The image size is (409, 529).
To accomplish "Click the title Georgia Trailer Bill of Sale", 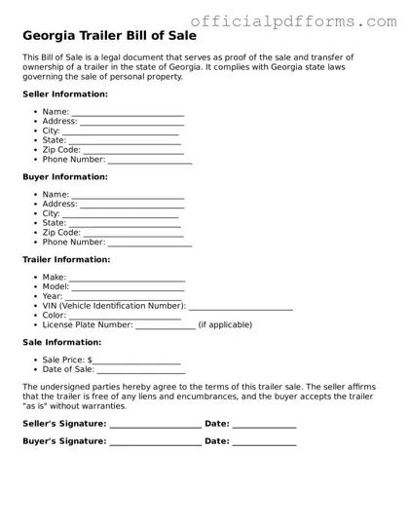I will (x=109, y=36).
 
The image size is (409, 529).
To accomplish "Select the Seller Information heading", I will (x=65, y=94).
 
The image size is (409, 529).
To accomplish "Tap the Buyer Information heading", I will (x=65, y=177).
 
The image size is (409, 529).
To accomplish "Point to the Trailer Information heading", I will (x=66, y=260).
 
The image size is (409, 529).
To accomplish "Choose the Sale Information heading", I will (x=61, y=343).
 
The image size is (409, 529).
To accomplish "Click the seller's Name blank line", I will (x=128, y=114).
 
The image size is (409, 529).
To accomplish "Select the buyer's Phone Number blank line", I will (x=150, y=243).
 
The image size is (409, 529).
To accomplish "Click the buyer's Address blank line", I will (x=132, y=206).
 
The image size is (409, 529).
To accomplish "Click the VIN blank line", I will (x=241, y=307).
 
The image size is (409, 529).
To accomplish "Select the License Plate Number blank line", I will (x=166, y=325).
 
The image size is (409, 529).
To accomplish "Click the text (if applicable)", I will (x=225, y=324).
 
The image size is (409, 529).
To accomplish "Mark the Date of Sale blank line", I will (x=141, y=371).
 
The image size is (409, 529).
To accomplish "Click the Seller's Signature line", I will (x=156, y=426).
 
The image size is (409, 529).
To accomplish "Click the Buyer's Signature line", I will (x=156, y=443).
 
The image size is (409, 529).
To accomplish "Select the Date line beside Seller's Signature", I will (x=264, y=426).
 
